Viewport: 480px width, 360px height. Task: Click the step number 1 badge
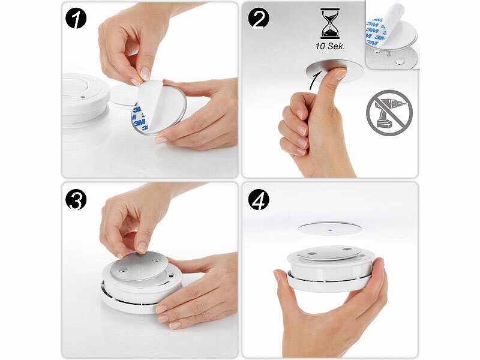(76, 19)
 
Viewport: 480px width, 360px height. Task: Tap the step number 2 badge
(259, 19)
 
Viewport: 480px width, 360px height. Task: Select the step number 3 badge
(76, 200)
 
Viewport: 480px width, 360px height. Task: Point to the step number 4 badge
(259, 200)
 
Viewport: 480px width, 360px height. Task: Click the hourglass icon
(330, 24)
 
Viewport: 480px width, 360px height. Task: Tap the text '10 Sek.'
(330, 47)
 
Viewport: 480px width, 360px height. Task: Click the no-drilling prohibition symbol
(389, 113)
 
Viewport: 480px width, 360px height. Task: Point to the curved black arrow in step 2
(316, 80)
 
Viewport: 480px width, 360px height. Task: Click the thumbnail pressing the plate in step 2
(340, 74)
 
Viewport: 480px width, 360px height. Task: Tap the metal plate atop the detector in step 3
(139, 266)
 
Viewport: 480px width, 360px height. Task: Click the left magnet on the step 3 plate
(122, 269)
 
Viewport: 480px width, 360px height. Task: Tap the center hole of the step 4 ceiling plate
(330, 230)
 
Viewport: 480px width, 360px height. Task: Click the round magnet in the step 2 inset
(399, 62)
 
